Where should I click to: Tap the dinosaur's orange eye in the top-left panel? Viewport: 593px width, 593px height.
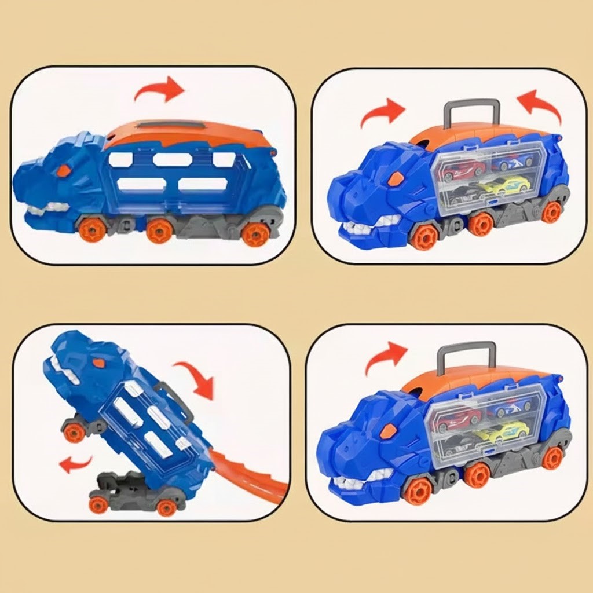(x=63, y=170)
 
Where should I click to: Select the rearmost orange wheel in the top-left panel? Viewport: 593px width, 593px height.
(x=255, y=233)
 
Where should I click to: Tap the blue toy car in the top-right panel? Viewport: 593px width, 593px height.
(x=512, y=162)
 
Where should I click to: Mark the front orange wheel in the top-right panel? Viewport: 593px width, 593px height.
(x=424, y=236)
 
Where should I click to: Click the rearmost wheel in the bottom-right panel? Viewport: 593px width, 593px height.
(x=552, y=457)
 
